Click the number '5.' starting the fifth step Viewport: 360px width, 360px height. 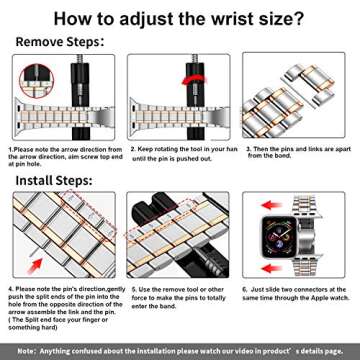point(130,287)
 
